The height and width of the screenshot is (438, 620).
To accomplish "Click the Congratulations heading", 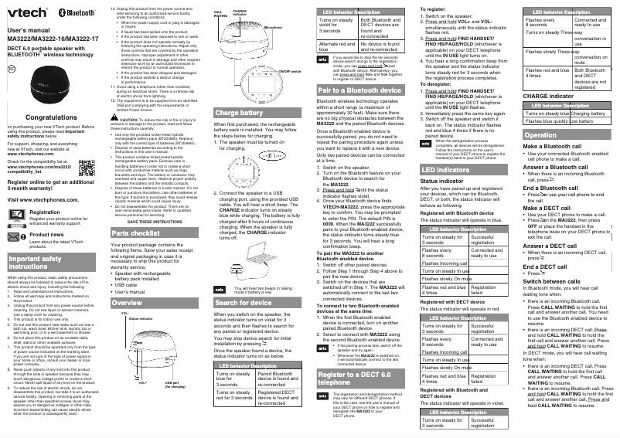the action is [x=50, y=116].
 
